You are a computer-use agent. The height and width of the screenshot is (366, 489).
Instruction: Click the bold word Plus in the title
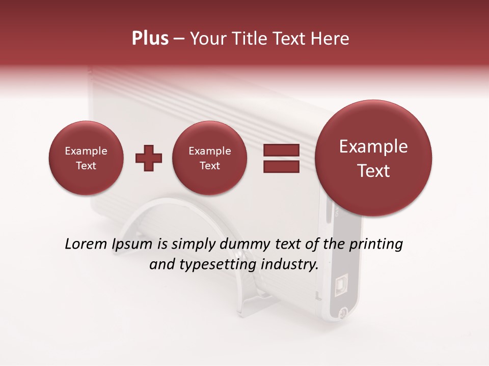coord(150,39)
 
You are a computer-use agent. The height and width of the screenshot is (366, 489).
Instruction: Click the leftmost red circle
coord(86,158)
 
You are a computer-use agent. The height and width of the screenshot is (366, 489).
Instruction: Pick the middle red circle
coord(209,158)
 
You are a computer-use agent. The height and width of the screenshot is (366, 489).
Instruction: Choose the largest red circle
coord(373,158)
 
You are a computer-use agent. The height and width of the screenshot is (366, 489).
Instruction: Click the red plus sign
coord(148,158)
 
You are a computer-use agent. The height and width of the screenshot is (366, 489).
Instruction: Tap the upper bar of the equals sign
coord(281,150)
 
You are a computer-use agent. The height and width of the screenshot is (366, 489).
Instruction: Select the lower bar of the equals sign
coord(281,166)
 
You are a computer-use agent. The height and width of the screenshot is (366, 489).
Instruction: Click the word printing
coord(376,245)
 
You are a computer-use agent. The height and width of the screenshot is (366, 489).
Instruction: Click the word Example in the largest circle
coord(373,146)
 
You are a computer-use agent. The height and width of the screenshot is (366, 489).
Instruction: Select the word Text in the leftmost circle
coord(86,166)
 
